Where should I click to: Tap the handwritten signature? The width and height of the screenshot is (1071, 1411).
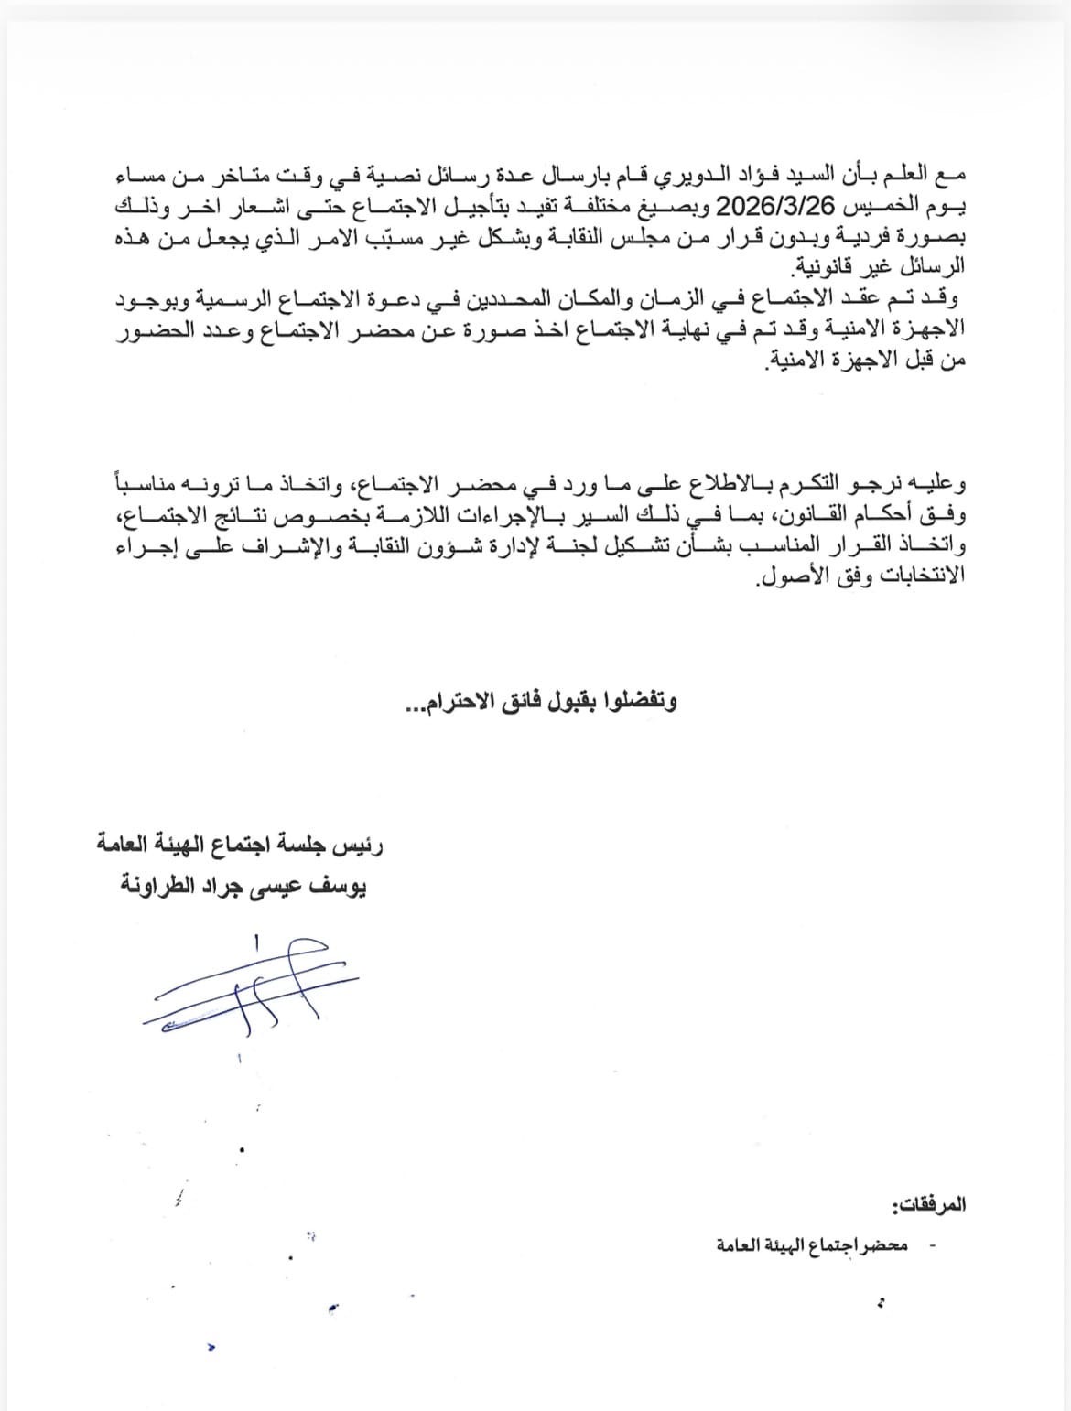[247, 984]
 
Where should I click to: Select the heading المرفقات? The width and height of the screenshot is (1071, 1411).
[928, 1205]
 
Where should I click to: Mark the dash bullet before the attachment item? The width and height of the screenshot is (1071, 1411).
[932, 1245]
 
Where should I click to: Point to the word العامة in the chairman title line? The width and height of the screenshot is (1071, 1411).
[131, 844]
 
